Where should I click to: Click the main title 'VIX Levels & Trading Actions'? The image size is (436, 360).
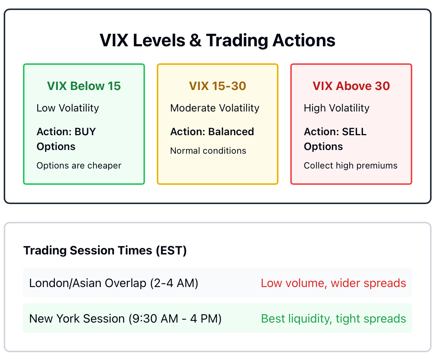(217, 40)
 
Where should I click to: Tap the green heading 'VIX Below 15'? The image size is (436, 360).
(84, 86)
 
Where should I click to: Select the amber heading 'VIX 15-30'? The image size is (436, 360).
(218, 86)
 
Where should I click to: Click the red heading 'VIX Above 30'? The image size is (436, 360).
(351, 86)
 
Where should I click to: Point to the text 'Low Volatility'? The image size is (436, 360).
(68, 108)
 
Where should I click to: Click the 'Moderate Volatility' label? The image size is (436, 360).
(215, 108)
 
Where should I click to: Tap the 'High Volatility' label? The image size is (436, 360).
(337, 108)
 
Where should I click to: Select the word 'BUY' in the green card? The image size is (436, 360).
(85, 132)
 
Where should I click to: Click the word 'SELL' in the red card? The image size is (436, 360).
(354, 132)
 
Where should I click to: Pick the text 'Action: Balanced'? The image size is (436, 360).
(212, 132)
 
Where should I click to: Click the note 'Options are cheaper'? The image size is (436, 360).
(79, 166)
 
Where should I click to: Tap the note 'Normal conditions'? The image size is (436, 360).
(208, 150)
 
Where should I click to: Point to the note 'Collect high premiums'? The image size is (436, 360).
(351, 166)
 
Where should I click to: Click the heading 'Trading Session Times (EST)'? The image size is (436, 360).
(105, 250)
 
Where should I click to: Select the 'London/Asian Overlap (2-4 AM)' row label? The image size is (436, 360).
(114, 283)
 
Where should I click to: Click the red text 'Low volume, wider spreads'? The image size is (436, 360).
(333, 283)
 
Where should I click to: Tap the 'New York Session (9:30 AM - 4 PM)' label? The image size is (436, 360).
(125, 319)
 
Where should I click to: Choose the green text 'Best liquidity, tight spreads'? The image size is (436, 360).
(333, 319)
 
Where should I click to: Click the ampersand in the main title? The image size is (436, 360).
(195, 40)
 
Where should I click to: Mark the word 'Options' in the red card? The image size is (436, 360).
(323, 147)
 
